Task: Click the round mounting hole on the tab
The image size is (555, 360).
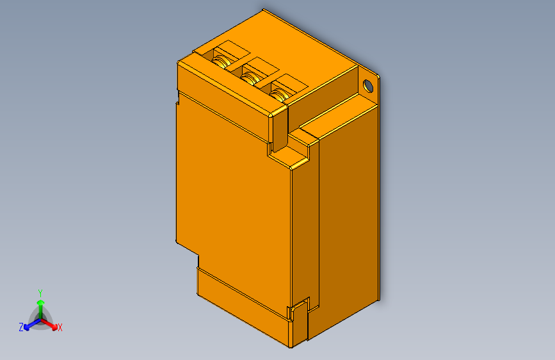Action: pyautogui.click(x=368, y=86)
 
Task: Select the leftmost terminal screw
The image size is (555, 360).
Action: pyautogui.click(x=221, y=61)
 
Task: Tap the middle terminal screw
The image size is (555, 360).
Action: pyautogui.click(x=250, y=78)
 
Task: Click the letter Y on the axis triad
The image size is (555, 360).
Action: pyautogui.click(x=40, y=293)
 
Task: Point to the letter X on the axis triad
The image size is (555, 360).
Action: pyautogui.click(x=60, y=328)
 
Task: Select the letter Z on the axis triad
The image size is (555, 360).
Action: pyautogui.click(x=21, y=327)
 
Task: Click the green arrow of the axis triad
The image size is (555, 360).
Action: pyautogui.click(x=41, y=309)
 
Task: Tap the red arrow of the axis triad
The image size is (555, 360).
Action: pyautogui.click(x=49, y=324)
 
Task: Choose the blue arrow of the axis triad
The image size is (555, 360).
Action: pyautogui.click(x=32, y=324)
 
